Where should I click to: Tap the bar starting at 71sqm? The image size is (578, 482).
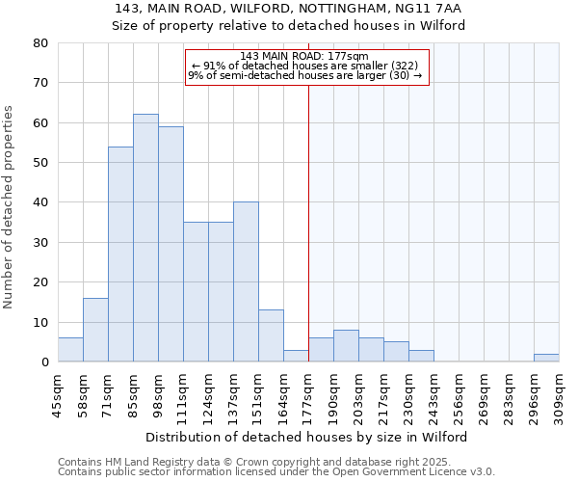pyautogui.click(x=120, y=254)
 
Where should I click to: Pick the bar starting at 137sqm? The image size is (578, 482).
pyautogui.click(x=246, y=281)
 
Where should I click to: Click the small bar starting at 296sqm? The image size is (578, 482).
pyautogui.click(x=546, y=358)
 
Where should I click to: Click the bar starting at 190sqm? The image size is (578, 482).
pyautogui.click(x=346, y=346)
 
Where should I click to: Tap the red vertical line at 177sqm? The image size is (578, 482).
pyautogui.click(x=308, y=222)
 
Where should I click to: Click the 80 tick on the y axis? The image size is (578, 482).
pyautogui.click(x=40, y=43)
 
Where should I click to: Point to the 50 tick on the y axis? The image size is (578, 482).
pyautogui.click(x=40, y=163)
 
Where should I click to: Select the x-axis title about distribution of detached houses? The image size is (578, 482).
pyautogui.click(x=308, y=437)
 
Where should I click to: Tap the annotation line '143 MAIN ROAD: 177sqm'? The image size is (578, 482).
pyautogui.click(x=305, y=56)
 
